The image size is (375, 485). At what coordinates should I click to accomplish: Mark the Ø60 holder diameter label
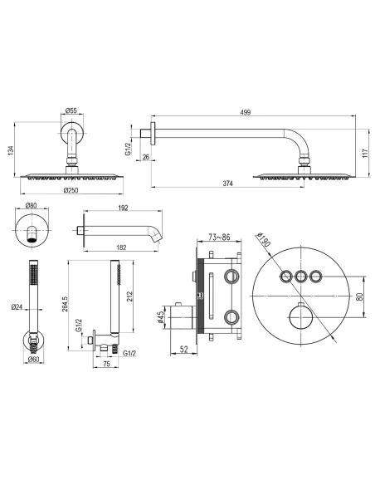[x=32, y=359]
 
